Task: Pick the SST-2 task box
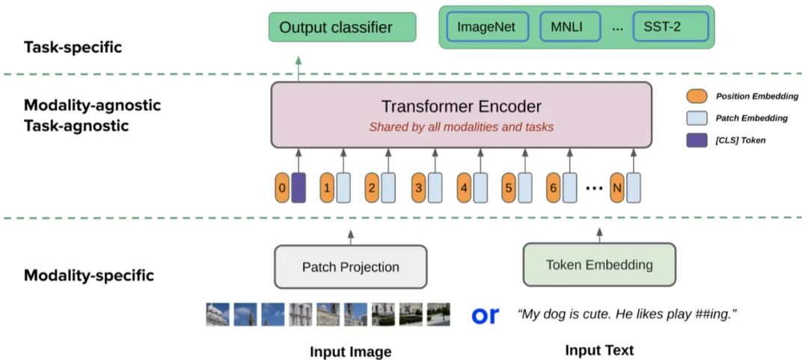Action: (670, 27)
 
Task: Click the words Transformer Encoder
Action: (461, 107)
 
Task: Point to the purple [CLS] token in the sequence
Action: (299, 188)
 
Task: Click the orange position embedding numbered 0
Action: (281, 188)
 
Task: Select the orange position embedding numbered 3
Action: (418, 188)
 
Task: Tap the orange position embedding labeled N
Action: (616, 188)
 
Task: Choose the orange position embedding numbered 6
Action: (554, 188)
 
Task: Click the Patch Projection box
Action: (350, 266)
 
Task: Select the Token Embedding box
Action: (599, 265)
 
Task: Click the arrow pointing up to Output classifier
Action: (299, 69)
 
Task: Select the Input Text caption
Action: (599, 350)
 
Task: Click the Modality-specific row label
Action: (88, 275)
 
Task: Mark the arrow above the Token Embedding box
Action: (599, 236)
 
